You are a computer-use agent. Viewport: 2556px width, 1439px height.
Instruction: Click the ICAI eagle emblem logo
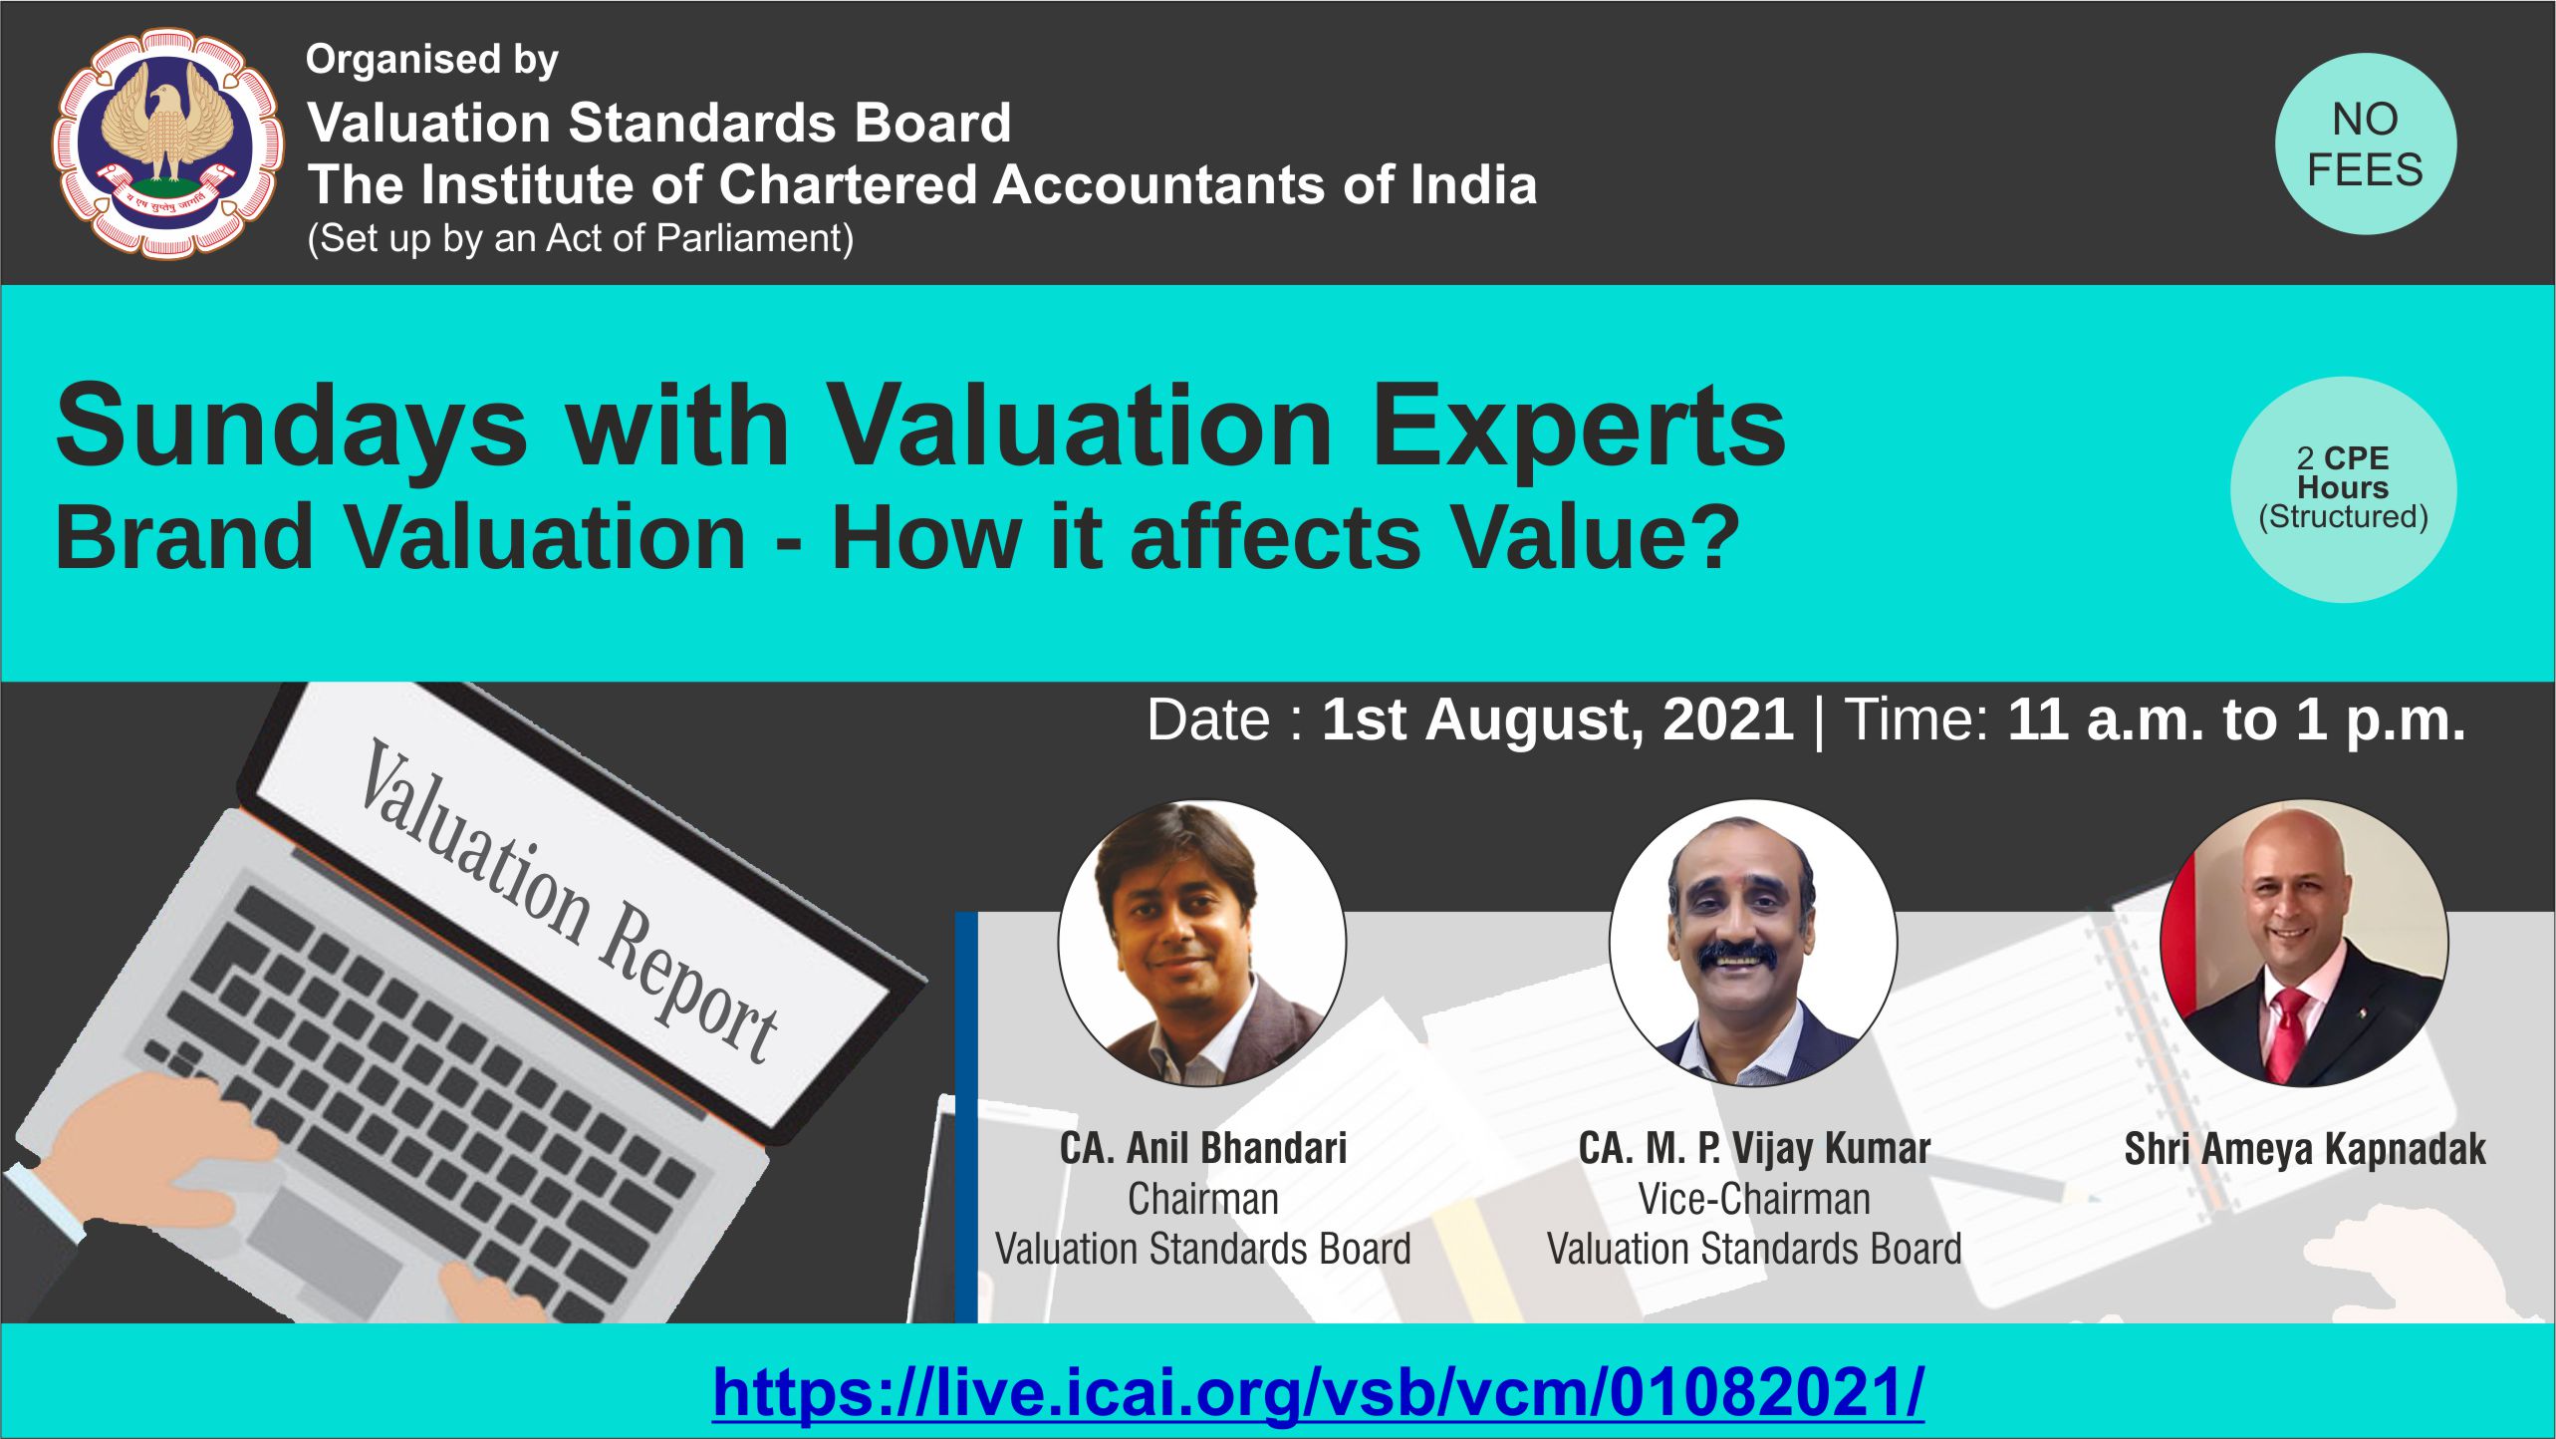point(167,144)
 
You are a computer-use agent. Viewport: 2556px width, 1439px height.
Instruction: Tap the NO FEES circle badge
point(2365,144)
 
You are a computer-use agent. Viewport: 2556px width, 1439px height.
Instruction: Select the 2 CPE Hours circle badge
point(2343,489)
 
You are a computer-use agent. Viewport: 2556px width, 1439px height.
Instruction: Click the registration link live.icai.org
point(1318,1391)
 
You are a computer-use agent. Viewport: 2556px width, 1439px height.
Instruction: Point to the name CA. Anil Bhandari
point(1202,1148)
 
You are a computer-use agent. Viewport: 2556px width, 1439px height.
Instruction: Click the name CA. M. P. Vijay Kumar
point(1754,1149)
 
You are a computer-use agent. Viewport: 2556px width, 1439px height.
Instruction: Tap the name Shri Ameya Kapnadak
point(2305,1149)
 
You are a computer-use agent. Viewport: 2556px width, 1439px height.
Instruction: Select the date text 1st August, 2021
point(1558,719)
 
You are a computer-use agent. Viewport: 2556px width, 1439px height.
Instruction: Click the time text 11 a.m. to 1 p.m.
point(2236,719)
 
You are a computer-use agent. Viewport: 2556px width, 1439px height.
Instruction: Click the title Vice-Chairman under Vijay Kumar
point(1754,1199)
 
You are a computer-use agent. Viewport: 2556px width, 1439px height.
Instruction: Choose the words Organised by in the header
point(431,61)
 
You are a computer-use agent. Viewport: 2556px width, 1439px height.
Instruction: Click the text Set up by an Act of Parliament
point(580,239)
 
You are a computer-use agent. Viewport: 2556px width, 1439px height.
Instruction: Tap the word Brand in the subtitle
point(184,537)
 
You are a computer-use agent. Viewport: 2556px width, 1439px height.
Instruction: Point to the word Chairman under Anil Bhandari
point(1202,1199)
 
